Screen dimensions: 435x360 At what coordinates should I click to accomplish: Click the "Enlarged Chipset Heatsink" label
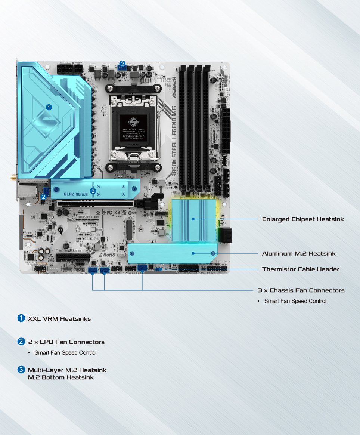(x=302, y=219)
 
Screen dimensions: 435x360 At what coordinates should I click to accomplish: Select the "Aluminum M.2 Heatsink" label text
(x=299, y=253)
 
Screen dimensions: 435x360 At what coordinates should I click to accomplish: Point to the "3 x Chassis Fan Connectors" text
(x=301, y=290)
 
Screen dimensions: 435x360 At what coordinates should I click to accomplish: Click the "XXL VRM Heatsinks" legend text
(x=59, y=319)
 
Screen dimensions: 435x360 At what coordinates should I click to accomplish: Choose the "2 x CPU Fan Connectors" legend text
(x=66, y=342)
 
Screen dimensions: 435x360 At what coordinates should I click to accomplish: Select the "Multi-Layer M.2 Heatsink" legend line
(x=67, y=370)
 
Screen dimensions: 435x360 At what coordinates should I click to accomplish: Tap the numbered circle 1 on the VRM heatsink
(x=49, y=107)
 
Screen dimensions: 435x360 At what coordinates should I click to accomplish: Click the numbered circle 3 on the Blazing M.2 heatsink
(x=93, y=191)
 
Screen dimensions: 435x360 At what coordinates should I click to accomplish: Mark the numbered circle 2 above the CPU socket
(x=122, y=64)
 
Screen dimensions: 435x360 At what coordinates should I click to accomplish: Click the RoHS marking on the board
(x=109, y=254)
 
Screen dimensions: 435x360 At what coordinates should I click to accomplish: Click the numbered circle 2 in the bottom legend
(x=21, y=342)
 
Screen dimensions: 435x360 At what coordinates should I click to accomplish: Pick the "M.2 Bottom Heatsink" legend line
(x=60, y=377)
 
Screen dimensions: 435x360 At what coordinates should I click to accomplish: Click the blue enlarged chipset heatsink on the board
(x=194, y=220)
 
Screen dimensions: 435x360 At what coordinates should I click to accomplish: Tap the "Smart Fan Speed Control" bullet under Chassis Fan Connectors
(x=295, y=301)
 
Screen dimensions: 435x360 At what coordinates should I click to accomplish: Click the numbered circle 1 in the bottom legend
(x=21, y=318)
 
